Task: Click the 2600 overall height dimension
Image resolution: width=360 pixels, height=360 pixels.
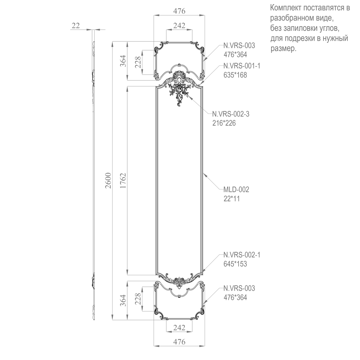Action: (108, 180)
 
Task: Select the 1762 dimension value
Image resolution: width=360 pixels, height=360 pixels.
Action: (123, 180)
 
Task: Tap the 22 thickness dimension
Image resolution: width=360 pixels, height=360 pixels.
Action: (76, 25)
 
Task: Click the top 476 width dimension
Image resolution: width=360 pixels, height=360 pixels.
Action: (179, 11)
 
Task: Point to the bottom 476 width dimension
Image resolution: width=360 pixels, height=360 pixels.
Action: (179, 342)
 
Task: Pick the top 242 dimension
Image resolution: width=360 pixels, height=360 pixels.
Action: (179, 25)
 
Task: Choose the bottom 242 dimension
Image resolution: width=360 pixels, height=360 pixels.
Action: (179, 327)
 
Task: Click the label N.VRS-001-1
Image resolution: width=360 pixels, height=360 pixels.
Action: (242, 66)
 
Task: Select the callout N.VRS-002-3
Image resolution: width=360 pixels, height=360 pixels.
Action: (231, 114)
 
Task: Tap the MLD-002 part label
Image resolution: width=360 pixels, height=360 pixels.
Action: (236, 189)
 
